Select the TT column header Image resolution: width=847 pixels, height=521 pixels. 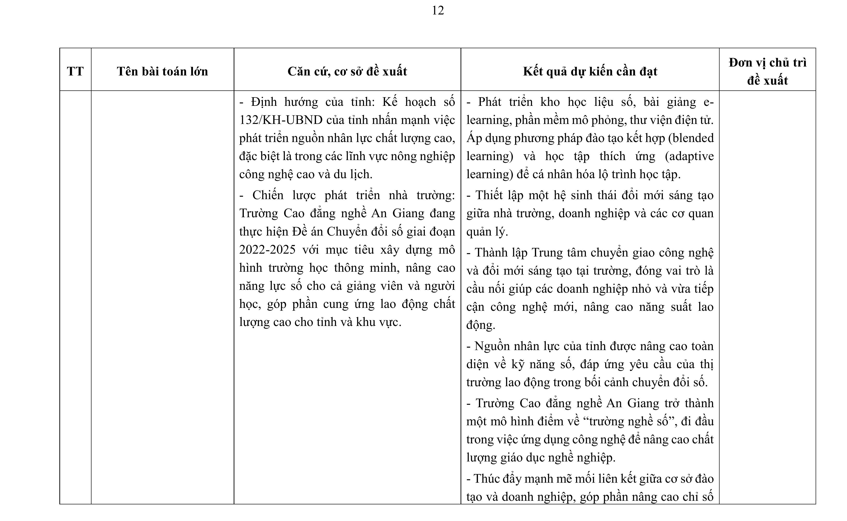[x=75, y=71]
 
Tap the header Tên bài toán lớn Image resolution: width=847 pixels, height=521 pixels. [x=162, y=71]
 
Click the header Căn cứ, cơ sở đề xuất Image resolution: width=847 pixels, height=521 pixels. [x=347, y=71]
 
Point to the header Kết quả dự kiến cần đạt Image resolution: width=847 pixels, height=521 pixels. [x=590, y=71]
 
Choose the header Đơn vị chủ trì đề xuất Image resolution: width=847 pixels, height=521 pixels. [x=767, y=71]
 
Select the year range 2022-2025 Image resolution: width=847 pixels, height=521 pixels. [x=267, y=250]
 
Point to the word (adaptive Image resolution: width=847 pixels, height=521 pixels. [x=689, y=156]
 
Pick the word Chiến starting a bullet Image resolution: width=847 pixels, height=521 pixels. [x=268, y=195]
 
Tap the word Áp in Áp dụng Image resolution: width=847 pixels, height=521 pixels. [x=474, y=138]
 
